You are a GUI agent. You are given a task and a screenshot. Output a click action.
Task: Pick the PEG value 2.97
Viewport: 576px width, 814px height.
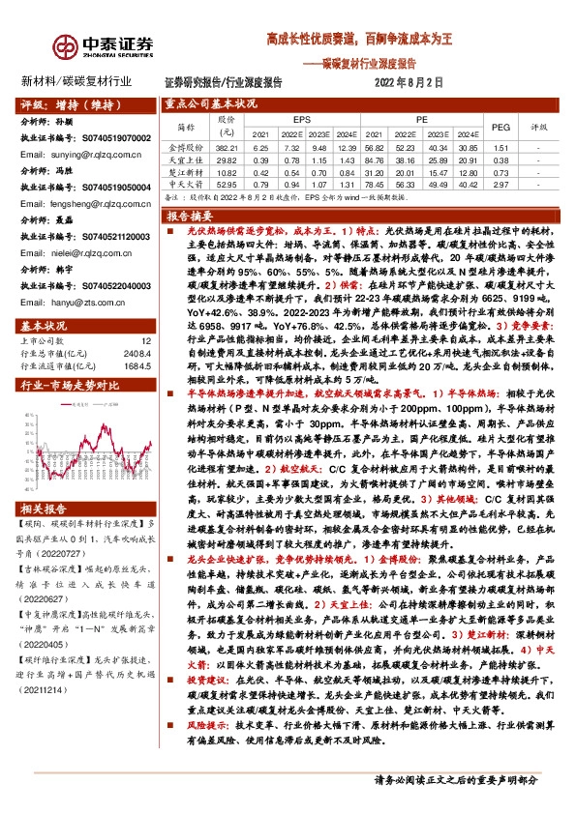pyautogui.click(x=500, y=184)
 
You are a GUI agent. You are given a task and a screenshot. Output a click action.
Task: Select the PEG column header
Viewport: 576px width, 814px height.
pyautogui.click(x=500, y=127)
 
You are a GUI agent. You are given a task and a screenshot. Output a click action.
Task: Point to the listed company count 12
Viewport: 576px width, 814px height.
pyautogui.click(x=146, y=314)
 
